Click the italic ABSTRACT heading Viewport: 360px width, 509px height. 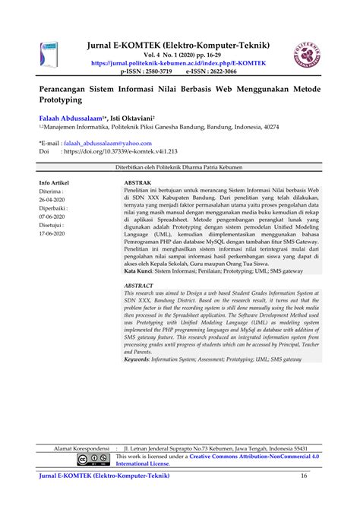click(141, 284)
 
